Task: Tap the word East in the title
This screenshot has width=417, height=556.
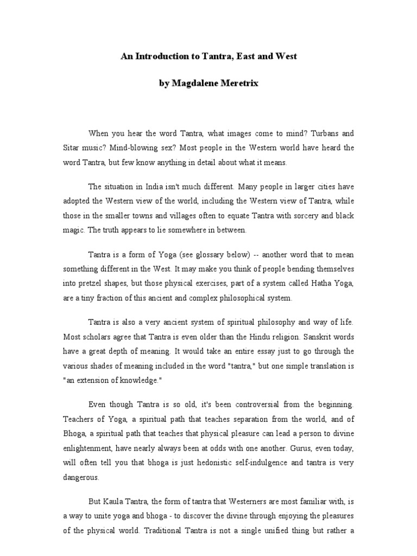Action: point(247,56)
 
